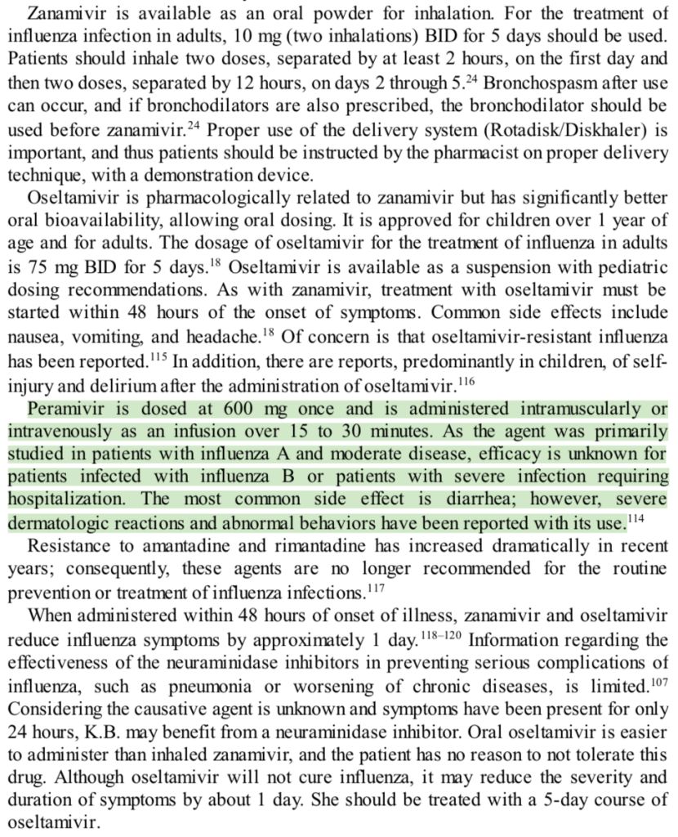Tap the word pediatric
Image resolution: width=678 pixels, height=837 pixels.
(x=626, y=268)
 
